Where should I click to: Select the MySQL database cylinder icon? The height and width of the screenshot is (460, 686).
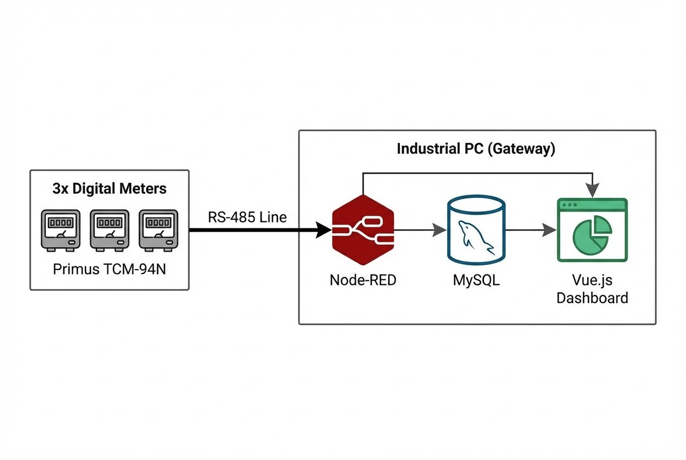(x=476, y=230)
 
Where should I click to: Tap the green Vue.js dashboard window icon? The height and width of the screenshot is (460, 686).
(x=592, y=230)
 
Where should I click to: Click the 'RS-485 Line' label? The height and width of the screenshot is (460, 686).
(x=247, y=217)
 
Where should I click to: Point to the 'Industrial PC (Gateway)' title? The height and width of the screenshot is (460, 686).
(x=476, y=149)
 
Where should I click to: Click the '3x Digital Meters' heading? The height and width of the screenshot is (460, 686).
(x=109, y=189)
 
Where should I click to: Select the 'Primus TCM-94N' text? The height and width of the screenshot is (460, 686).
(x=109, y=269)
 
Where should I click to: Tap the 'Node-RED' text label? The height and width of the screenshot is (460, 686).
(x=363, y=280)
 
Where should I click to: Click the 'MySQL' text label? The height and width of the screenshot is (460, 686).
(x=476, y=280)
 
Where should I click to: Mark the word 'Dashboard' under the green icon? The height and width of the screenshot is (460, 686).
(x=592, y=298)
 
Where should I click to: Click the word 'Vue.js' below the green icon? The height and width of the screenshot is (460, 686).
(x=592, y=280)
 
